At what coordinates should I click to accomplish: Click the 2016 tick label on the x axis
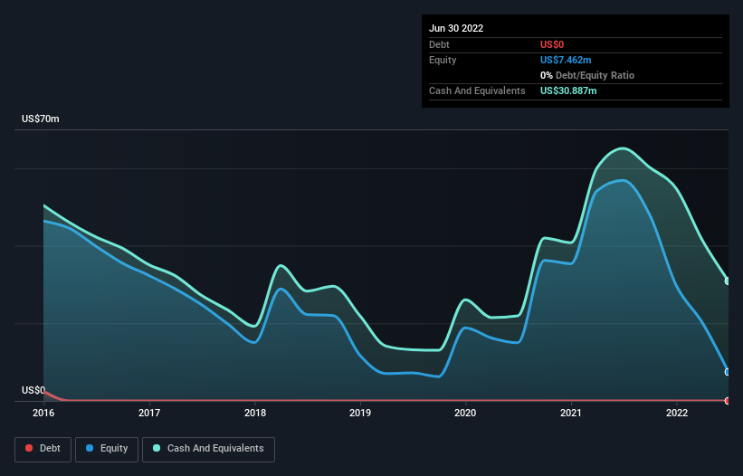click(43, 413)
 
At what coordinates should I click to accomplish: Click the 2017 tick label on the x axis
click(149, 413)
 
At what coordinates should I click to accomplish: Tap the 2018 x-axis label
click(255, 413)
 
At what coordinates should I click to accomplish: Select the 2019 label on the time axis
click(360, 413)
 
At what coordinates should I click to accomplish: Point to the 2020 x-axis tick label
click(466, 413)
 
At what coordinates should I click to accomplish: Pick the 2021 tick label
click(571, 413)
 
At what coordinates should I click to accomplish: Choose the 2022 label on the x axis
click(677, 413)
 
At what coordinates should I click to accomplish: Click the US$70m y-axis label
click(40, 119)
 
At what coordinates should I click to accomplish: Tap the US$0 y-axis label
click(33, 390)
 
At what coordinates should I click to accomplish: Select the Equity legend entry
click(106, 449)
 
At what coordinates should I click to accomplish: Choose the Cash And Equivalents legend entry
click(208, 449)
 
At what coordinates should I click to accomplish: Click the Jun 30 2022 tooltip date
click(456, 28)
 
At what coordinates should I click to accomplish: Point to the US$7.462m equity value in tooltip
click(566, 60)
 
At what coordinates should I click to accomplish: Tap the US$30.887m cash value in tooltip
click(568, 90)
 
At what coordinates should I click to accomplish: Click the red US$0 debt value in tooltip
click(553, 44)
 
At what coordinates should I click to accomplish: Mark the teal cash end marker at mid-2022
click(728, 281)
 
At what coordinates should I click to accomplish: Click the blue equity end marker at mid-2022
click(728, 372)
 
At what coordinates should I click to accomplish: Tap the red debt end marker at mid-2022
click(728, 400)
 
